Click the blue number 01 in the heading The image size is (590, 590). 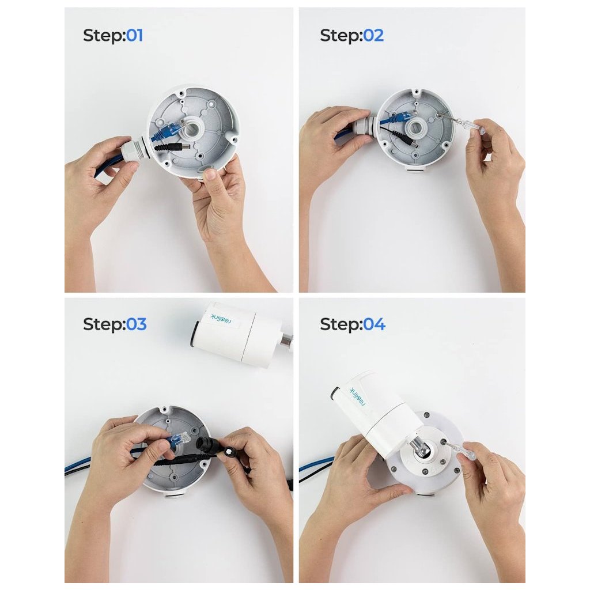click(134, 36)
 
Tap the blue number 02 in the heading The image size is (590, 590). click(373, 36)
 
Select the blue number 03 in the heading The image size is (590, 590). click(136, 324)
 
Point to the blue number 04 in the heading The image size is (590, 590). click(374, 324)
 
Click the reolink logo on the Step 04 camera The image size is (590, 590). click(358, 398)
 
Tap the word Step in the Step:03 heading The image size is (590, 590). click(103, 324)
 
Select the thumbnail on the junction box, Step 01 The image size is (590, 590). click(211, 175)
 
